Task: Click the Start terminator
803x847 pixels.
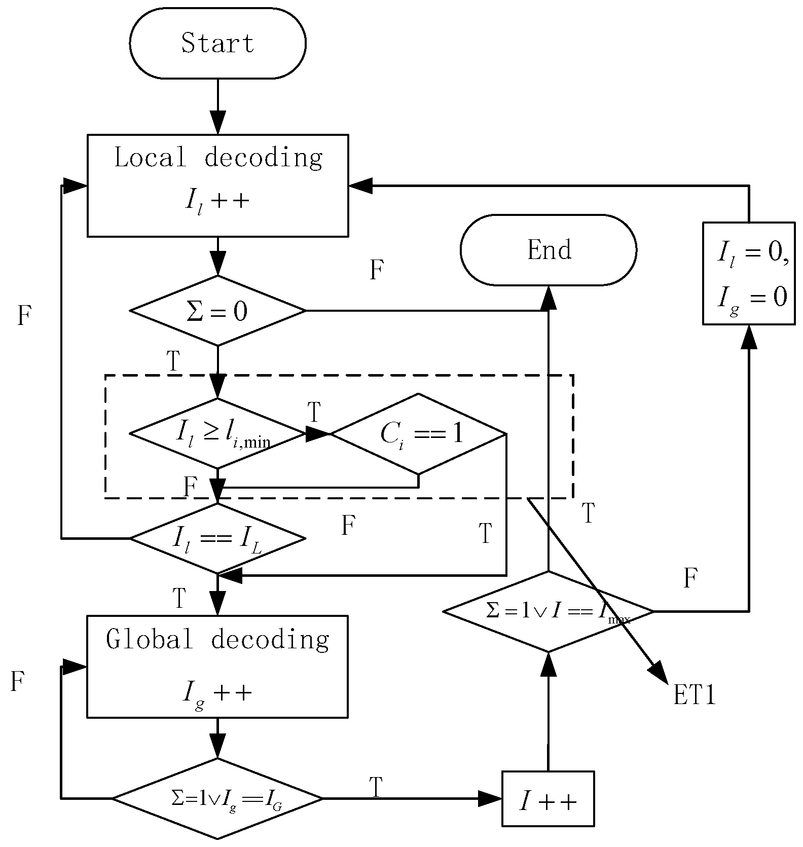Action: [x=217, y=43]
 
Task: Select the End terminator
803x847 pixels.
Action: [x=548, y=250]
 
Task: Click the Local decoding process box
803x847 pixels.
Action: [x=217, y=185]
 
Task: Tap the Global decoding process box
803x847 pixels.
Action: [x=217, y=666]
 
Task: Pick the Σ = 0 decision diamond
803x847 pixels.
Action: [x=217, y=311]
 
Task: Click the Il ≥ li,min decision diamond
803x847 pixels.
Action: [x=217, y=434]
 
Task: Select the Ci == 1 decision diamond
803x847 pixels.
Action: [x=419, y=434]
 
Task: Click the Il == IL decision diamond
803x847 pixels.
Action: [x=217, y=538]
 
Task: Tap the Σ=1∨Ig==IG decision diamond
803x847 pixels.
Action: [x=217, y=798]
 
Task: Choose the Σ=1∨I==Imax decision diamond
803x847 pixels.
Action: [x=548, y=611]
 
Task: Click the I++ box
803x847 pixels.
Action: [x=548, y=799]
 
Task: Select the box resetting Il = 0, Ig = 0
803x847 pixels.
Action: [x=749, y=273]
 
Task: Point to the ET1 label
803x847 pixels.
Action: [x=695, y=696]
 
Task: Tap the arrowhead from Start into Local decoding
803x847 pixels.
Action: [x=217, y=123]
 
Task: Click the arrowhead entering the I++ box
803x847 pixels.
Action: [x=491, y=799]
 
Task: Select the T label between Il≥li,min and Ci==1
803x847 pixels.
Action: [x=314, y=412]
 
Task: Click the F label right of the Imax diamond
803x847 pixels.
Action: [x=690, y=578]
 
